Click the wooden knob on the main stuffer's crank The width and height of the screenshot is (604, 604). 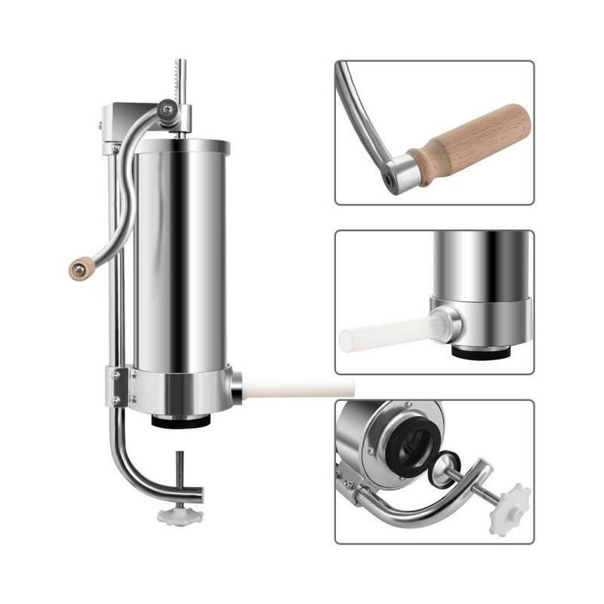pos(81,267)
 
